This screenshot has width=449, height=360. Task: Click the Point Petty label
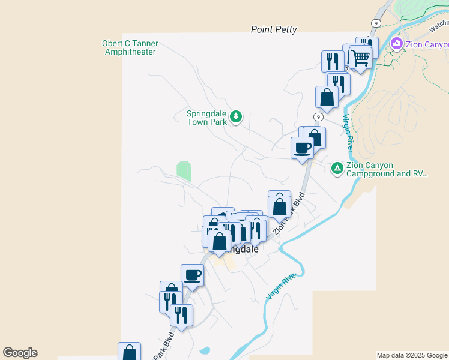pyautogui.click(x=274, y=29)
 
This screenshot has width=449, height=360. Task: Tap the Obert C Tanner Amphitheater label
pyautogui.click(x=130, y=47)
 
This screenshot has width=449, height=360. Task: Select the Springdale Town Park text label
pyautogui.click(x=206, y=116)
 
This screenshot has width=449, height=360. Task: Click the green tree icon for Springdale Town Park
pyautogui.click(x=236, y=116)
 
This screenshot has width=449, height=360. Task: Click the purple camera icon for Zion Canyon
pyautogui.click(x=396, y=43)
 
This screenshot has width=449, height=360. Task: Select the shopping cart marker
pyautogui.click(x=360, y=58)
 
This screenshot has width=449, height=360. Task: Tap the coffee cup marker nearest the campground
pyautogui.click(x=302, y=148)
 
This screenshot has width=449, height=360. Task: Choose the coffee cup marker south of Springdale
pyautogui.click(x=192, y=275)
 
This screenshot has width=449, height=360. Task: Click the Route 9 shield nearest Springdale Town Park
pyautogui.click(x=318, y=116)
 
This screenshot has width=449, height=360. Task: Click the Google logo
pyautogui.click(x=20, y=353)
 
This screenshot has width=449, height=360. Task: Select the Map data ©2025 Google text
pyautogui.click(x=412, y=355)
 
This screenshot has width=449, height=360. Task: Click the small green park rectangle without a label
pyautogui.click(x=184, y=171)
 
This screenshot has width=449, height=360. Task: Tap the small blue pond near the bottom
pyautogui.click(x=205, y=350)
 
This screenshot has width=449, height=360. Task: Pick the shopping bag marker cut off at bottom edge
pyautogui.click(x=129, y=352)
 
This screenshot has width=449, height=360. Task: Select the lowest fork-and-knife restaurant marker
pyautogui.click(x=181, y=314)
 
